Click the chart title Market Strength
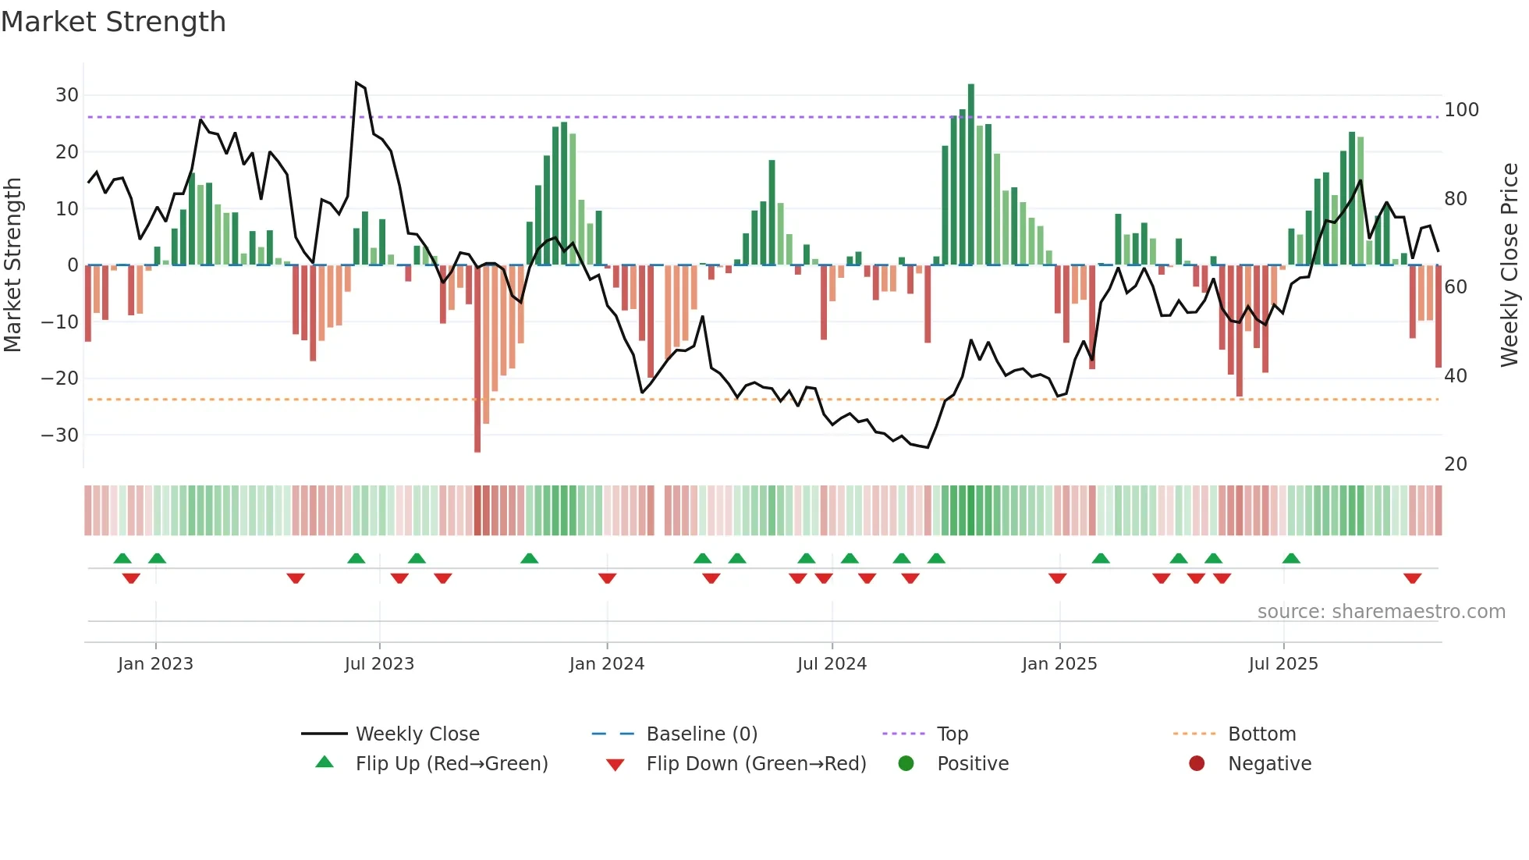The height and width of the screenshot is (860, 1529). click(x=113, y=22)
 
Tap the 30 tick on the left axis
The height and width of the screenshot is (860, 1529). click(x=67, y=95)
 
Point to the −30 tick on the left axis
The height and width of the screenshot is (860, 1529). click(x=60, y=435)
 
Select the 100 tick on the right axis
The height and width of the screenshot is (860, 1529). click(x=1461, y=110)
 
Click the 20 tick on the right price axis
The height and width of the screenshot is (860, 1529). click(x=1456, y=464)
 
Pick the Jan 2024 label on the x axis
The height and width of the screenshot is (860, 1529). click(x=606, y=664)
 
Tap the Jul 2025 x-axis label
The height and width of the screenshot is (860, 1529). click(x=1282, y=664)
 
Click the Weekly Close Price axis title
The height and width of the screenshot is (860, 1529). click(x=1509, y=265)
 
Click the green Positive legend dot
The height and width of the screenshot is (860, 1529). click(x=906, y=764)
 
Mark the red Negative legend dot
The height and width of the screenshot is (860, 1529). click(x=1197, y=764)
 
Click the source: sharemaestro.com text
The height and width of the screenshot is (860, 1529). click(x=1381, y=612)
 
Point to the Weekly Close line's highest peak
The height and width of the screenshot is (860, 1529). click(x=357, y=83)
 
